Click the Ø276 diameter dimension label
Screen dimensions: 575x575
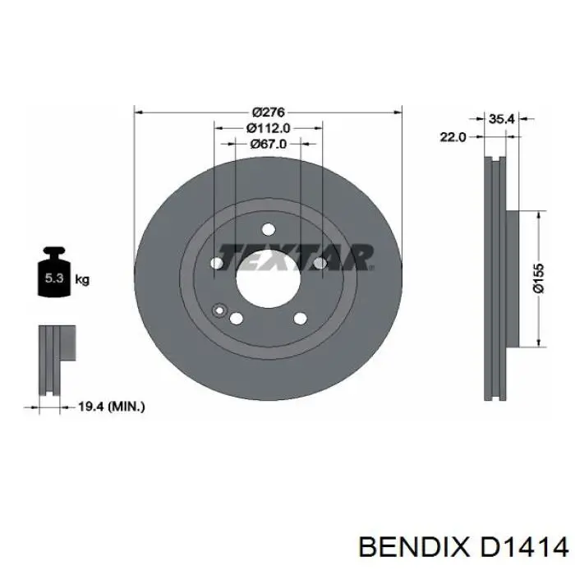pyautogui.click(x=269, y=112)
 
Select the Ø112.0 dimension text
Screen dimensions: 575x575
pyautogui.click(x=269, y=128)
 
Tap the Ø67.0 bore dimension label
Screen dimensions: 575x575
pyautogui.click(x=269, y=144)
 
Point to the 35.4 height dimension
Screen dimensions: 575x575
pyautogui.click(x=502, y=119)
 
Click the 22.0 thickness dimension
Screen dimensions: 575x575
pyautogui.click(x=453, y=137)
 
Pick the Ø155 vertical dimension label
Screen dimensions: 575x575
pyautogui.click(x=539, y=278)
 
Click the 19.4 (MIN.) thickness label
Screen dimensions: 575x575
pyautogui.click(x=112, y=407)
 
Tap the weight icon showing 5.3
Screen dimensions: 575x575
pyautogui.click(x=54, y=272)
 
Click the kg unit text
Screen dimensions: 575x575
pyautogui.click(x=82, y=280)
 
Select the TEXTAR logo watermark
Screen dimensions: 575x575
pyautogui.click(x=296, y=257)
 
